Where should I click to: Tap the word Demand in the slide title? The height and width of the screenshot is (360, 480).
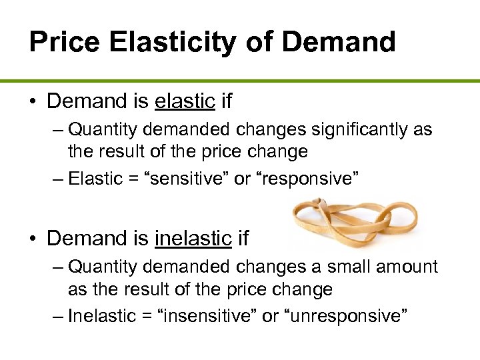click(339, 41)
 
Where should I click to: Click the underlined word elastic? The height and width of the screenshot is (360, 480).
click(185, 101)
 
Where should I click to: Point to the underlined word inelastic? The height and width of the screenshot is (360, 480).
click(193, 238)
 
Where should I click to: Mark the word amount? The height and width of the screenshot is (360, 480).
click(407, 267)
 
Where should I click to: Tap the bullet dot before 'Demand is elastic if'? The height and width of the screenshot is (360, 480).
click(33, 102)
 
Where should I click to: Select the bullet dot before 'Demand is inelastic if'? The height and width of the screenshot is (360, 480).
click(33, 239)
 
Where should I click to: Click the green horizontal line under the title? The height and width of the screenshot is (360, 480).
click(240, 81)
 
